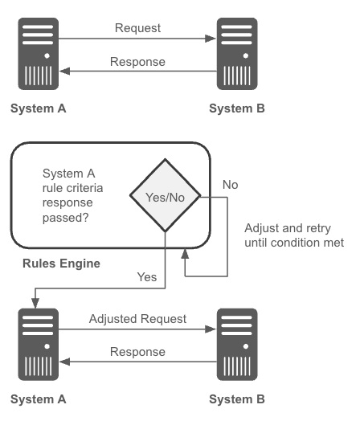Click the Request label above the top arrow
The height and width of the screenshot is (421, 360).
coord(137,28)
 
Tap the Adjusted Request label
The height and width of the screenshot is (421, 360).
coord(137,319)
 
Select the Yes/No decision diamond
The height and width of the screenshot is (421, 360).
coord(165,195)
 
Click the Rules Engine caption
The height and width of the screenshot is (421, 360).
coord(62,264)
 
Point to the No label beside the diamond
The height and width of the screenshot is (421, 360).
coord(231,185)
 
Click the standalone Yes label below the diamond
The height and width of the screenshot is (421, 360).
coord(147,277)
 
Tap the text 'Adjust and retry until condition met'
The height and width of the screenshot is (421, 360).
coord(294,235)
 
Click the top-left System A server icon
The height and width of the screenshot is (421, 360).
coord(38,54)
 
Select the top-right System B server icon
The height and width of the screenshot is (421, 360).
coord(237,54)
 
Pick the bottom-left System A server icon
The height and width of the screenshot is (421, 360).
coord(38,345)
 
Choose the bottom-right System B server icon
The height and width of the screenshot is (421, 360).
coord(237,345)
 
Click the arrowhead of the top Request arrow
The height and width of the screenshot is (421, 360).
coord(211,39)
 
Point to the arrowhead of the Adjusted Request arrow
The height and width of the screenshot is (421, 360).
coord(211,329)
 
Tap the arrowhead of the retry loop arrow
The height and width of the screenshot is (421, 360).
coord(185,253)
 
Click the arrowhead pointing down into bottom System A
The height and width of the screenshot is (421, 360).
coord(35,303)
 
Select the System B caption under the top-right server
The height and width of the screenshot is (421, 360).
coord(237,108)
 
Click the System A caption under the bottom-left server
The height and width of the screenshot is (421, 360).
coord(38,399)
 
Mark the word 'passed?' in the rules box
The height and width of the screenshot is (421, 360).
coord(66,218)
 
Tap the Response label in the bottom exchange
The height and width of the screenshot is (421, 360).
coord(137,352)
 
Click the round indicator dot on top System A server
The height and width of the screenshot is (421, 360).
coord(47,56)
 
